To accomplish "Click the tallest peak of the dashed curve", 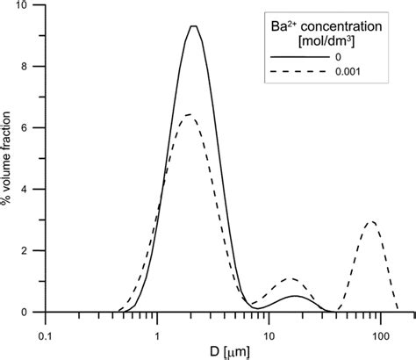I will (187, 115).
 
